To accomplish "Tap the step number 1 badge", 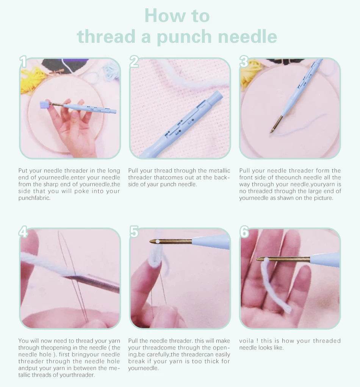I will point(23,62).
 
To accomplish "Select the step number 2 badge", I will point(134,62).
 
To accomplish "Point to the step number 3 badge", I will point(244,62).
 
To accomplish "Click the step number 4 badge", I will point(23,232).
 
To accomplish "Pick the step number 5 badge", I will point(134,232).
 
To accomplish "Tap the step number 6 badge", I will point(244,232).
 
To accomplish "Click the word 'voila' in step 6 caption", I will point(247,341).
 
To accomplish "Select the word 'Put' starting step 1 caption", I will point(23,171).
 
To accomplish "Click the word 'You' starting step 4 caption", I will point(23,341).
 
